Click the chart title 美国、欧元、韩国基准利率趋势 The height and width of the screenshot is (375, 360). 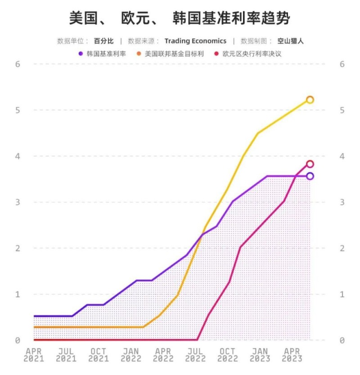coord(180,18)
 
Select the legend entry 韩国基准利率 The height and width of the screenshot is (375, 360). coord(106,54)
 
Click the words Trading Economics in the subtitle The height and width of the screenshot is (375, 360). coord(195,41)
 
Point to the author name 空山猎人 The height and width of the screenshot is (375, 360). coord(290,41)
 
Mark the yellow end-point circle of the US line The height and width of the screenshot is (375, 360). coord(310,99)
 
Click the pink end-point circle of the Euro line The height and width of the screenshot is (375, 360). coord(310,164)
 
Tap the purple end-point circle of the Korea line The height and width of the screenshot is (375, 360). coord(310,176)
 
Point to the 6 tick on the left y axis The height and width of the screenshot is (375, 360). coord(18,64)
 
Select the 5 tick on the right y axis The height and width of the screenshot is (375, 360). coord(342,110)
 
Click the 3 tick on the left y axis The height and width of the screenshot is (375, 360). coord(18,202)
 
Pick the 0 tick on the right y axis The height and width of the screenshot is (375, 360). coord(342,340)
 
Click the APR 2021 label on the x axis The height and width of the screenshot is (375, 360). coord(34,355)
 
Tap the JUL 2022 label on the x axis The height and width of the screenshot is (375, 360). coord(196,355)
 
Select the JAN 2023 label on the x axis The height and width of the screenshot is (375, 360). coord(260,355)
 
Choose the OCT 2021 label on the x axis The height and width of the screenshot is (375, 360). coord(99,355)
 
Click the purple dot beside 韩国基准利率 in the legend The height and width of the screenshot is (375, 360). coord(81,54)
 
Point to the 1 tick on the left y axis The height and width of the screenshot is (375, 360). coord(18,294)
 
